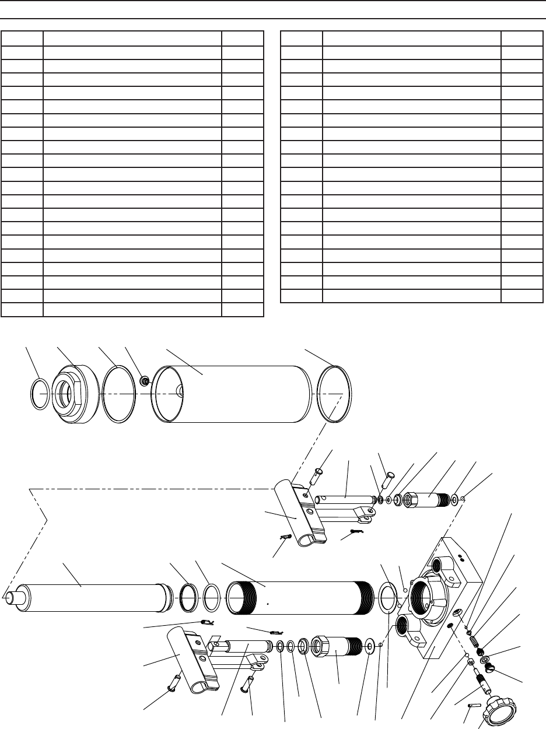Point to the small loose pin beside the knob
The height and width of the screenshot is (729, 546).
point(474,706)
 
